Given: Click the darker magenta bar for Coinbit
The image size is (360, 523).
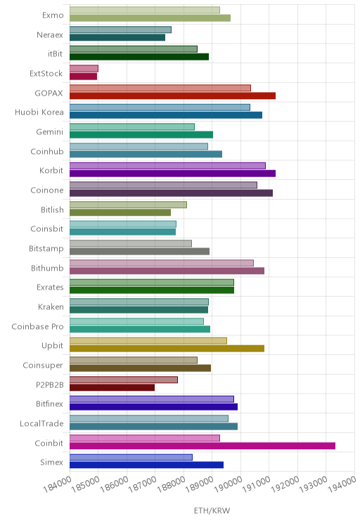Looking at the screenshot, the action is [x=202, y=446].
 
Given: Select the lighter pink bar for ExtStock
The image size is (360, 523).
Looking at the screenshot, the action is [x=84, y=68].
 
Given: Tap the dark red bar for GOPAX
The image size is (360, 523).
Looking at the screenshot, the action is [x=172, y=96].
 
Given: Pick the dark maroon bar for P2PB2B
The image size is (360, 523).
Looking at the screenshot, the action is [x=112, y=387].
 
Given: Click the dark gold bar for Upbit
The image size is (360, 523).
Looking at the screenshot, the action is [x=167, y=349].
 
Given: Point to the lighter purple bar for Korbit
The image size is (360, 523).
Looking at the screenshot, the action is [x=167, y=166].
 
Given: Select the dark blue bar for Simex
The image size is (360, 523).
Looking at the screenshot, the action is [x=146, y=465].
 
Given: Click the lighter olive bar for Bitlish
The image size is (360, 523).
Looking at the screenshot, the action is [x=128, y=205].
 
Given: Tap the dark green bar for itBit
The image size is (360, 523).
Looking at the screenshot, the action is [x=139, y=57].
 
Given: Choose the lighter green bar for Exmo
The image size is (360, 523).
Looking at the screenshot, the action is [x=145, y=10].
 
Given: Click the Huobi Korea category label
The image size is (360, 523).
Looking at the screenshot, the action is [x=39, y=112].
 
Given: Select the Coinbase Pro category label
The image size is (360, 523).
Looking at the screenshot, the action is [x=37, y=326].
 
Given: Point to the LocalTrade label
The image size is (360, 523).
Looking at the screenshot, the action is [x=41, y=424].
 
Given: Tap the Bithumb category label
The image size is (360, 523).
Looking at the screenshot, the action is [x=47, y=268].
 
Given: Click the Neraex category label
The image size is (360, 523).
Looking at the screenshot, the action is [x=50, y=34].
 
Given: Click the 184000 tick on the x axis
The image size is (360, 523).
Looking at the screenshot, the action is [x=58, y=484].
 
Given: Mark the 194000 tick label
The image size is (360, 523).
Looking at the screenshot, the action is [x=342, y=484].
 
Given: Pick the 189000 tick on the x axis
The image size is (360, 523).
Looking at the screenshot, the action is [x=200, y=484].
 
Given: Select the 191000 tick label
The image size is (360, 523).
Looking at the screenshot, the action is [x=256, y=484].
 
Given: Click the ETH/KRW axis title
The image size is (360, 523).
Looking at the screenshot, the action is [x=212, y=510].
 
